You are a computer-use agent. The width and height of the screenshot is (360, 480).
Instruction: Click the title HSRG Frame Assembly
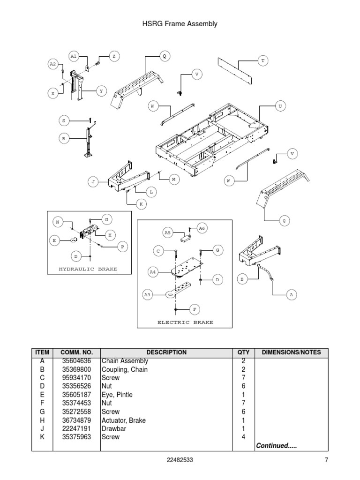point(180,23)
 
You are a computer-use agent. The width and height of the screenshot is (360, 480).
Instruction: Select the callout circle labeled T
point(263,61)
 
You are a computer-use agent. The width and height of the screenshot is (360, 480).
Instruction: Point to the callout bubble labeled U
point(280,106)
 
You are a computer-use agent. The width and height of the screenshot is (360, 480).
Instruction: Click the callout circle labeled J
point(93,182)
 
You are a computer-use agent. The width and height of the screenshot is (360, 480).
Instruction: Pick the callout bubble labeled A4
point(152,271)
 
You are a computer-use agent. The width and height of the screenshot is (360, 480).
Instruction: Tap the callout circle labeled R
point(64,138)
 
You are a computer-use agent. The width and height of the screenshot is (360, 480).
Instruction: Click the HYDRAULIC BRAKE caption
point(88,269)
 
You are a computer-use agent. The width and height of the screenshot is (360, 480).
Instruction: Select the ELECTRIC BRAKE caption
point(185,322)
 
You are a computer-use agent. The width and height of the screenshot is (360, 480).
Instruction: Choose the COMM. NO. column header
point(77,352)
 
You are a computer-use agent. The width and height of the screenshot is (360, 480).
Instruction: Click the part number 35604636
point(77,361)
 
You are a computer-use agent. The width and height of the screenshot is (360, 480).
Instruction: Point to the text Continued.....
point(276,445)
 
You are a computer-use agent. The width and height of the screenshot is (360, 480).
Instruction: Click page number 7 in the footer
point(326,460)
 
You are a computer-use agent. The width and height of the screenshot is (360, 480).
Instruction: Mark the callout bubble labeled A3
point(148,294)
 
